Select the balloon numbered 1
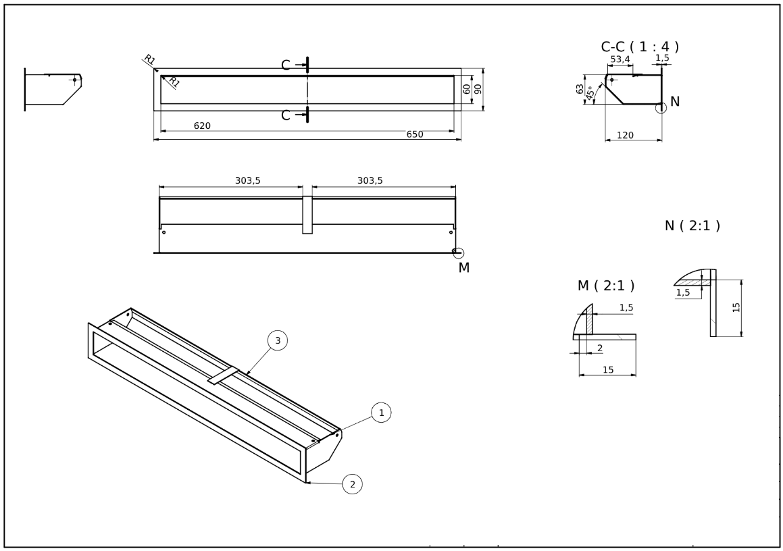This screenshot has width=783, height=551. [x=381, y=412]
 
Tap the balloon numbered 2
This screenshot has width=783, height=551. [x=352, y=483]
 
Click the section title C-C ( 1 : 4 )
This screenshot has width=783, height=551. [x=639, y=47]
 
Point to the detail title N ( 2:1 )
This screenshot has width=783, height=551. [x=692, y=226]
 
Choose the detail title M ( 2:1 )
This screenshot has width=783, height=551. [x=605, y=286]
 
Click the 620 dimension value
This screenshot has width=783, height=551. [x=202, y=126]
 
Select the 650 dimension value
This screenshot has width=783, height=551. [x=414, y=134]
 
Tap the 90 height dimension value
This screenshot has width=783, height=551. [x=477, y=88]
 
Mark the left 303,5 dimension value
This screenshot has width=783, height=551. [x=247, y=180]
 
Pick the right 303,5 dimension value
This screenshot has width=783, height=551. [x=370, y=180]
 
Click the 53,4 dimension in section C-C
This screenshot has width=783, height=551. [x=620, y=60]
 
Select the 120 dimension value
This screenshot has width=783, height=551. [x=625, y=136]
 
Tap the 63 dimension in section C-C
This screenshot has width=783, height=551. [x=580, y=88]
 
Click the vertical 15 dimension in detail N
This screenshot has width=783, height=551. [x=736, y=307]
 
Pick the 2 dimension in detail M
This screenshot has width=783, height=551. [x=599, y=348]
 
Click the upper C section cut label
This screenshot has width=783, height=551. [x=286, y=65]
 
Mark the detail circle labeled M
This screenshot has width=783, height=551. [x=458, y=253]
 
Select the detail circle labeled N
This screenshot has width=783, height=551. [x=661, y=105]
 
